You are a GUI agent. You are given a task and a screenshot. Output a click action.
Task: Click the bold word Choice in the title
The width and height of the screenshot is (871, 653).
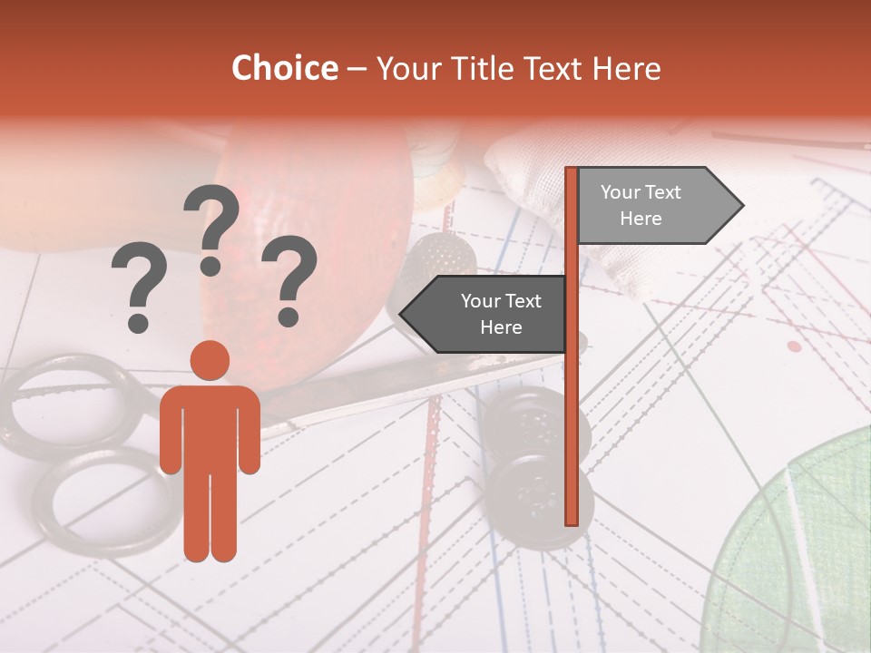[284, 68]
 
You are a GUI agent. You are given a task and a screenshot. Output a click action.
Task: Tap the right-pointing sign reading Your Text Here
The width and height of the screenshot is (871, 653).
[653, 205]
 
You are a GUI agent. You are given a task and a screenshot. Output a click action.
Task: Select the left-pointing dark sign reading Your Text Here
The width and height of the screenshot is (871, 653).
[490, 314]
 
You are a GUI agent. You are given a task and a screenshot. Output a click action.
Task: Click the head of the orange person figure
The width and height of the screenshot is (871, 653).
[210, 360]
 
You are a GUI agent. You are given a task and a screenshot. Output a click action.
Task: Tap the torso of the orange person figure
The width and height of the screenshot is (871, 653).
[210, 426]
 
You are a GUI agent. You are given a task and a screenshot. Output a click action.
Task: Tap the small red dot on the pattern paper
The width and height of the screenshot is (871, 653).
[795, 346]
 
